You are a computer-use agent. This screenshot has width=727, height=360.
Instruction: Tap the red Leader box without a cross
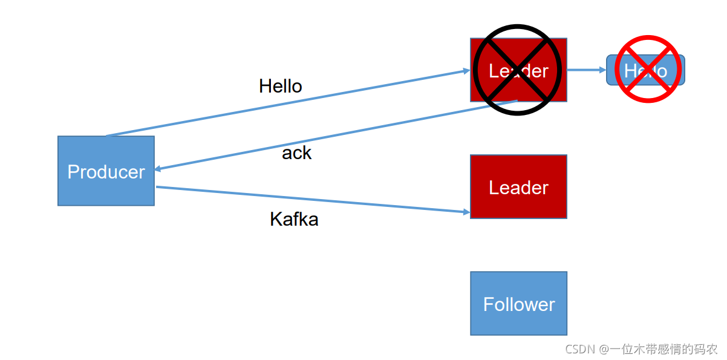(518, 186)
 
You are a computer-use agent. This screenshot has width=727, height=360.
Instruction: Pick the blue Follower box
(518, 303)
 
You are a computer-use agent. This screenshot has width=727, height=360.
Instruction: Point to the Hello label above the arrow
(280, 86)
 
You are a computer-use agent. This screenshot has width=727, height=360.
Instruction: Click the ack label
(296, 153)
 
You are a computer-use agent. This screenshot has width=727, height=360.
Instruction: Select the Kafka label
(294, 218)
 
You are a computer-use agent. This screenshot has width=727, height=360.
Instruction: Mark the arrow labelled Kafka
(315, 200)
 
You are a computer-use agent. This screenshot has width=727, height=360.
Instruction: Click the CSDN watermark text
(580, 349)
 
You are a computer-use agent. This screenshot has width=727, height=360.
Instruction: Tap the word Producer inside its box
(106, 172)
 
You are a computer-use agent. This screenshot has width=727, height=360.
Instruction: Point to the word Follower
(518, 304)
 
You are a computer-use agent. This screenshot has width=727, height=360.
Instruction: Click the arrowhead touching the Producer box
(158, 169)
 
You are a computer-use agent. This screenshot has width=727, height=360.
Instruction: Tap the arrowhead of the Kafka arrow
(466, 212)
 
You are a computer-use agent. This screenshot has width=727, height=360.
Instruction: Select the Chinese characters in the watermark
(662, 349)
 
